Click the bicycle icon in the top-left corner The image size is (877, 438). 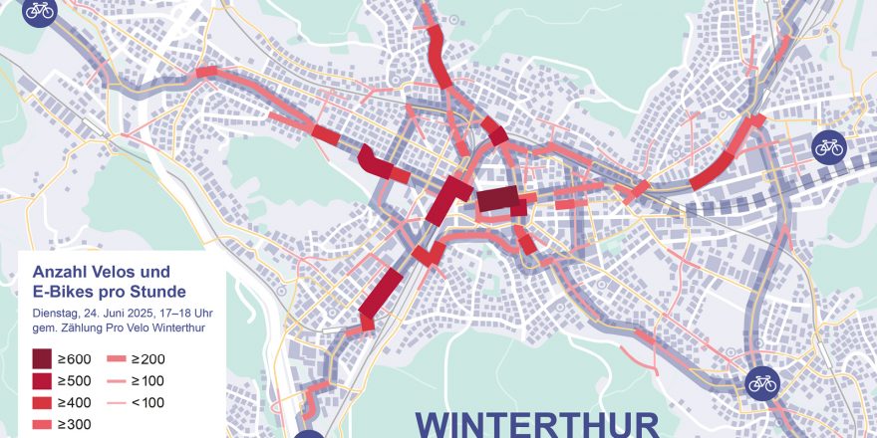pos(39,11)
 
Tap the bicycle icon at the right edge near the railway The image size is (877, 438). pos(828,147)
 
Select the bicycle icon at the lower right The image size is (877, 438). pos(762,381)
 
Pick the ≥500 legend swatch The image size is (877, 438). pos(42,381)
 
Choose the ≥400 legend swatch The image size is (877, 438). pos(42,403)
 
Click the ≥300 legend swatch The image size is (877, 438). pos(42,425)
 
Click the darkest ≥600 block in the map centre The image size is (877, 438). pos(497,199)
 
